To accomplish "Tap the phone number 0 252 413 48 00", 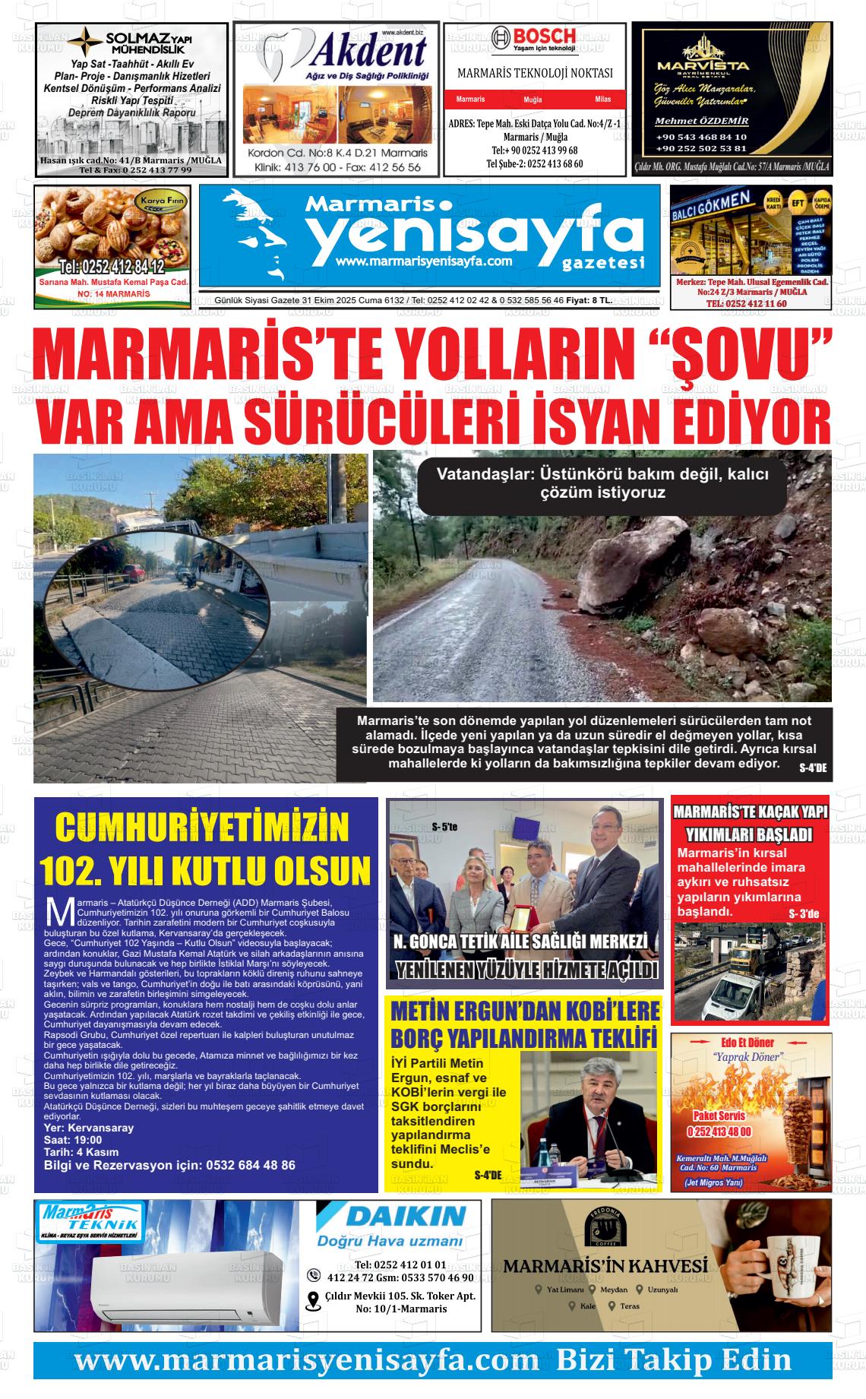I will (x=719, y=1132).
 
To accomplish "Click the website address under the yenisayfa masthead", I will (x=422, y=261).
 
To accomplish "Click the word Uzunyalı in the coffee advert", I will (x=662, y=1290).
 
